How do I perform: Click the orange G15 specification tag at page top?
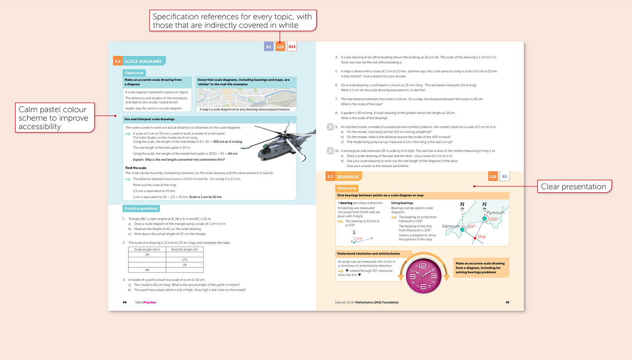click(280, 47)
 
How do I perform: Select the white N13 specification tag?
click(292, 47)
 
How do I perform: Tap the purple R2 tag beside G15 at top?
click(269, 47)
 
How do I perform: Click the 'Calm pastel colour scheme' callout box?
click(55, 118)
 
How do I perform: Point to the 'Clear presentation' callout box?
click(574, 186)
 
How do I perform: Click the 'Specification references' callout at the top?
click(233, 21)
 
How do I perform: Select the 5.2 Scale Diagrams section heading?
click(139, 61)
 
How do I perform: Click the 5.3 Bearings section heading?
click(343, 176)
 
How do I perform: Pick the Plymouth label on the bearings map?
click(495, 212)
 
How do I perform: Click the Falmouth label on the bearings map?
click(451, 226)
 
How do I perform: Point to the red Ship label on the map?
click(481, 237)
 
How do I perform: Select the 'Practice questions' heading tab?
click(141, 208)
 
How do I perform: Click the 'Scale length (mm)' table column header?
click(147, 249)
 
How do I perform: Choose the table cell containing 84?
click(147, 270)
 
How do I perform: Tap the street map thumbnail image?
click(246, 97)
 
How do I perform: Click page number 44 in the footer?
click(124, 302)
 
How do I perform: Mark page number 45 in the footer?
click(507, 302)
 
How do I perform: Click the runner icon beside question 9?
click(330, 127)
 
